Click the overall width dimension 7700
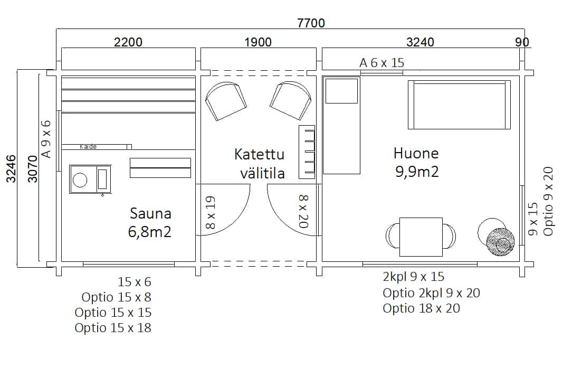[311, 23]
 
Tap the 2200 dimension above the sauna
[128, 42]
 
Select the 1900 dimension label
[258, 42]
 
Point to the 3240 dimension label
[420, 42]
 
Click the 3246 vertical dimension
[12, 168]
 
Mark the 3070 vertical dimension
[33, 169]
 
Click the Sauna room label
[150, 213]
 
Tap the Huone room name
[416, 153]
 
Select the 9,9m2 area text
[417, 172]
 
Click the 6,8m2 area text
[149, 232]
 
